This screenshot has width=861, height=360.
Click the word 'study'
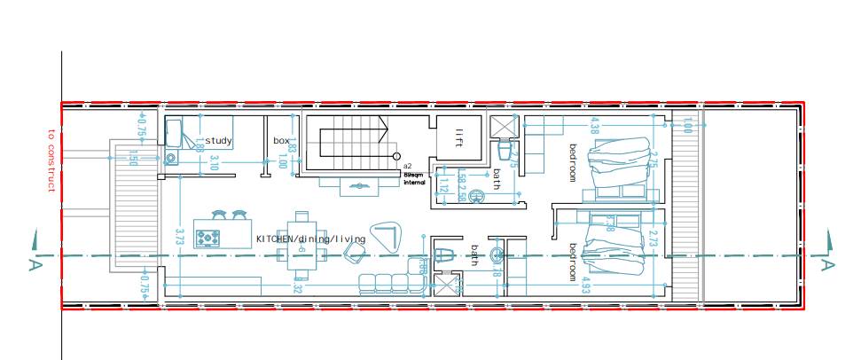tap(218, 140)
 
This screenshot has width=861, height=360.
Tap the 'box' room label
tap(281, 140)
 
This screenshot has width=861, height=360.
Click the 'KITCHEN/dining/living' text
tap(310, 239)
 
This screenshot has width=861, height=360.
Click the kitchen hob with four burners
tap(208, 238)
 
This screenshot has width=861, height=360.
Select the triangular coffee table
tap(387, 235)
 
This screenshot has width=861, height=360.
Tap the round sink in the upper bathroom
tap(475, 197)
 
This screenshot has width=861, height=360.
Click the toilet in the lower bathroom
tap(446, 257)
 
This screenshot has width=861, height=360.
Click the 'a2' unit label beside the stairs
tap(407, 166)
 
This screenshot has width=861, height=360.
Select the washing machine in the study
tap(171, 158)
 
